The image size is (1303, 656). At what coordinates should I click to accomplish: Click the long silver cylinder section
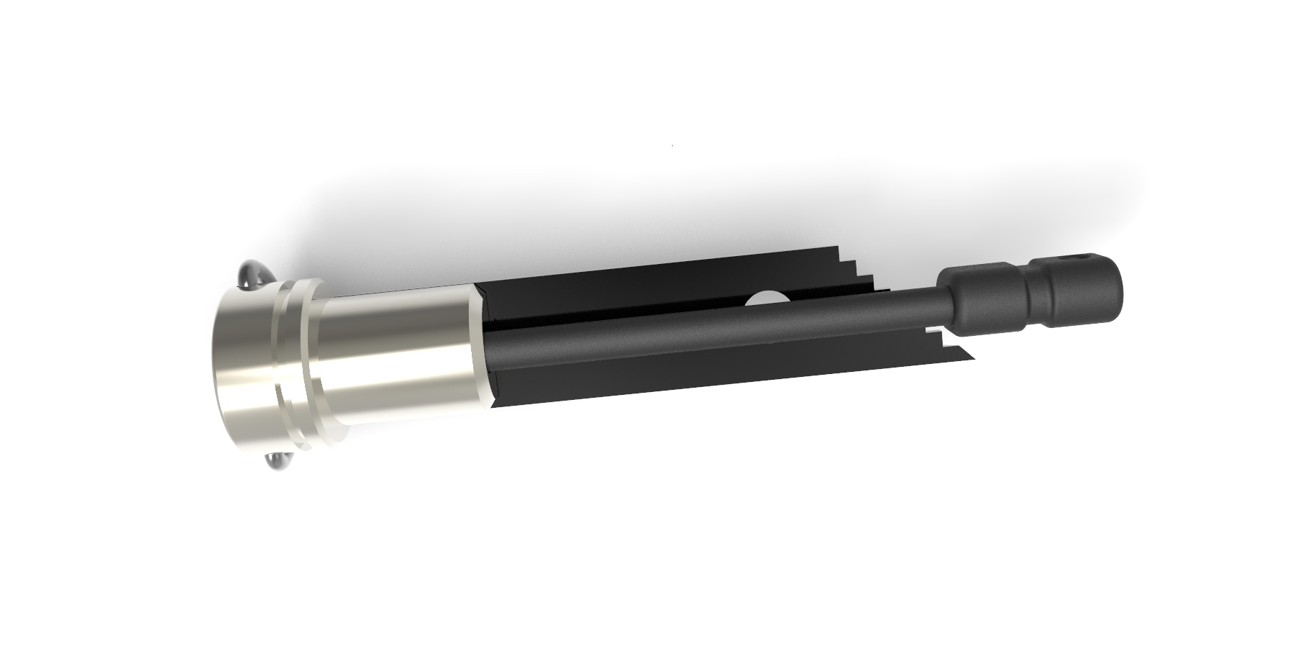pos(396,352)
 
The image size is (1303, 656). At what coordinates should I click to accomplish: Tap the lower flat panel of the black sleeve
pos(683,374)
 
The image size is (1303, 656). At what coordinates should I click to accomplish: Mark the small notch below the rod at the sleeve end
pos(935,333)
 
